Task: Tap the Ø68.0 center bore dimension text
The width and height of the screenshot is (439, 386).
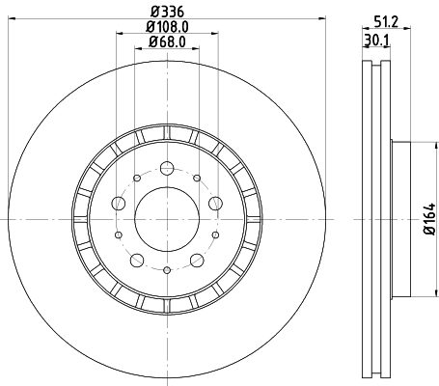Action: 166,43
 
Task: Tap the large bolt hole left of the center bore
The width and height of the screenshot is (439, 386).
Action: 118,203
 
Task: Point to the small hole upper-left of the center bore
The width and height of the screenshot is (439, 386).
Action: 136,178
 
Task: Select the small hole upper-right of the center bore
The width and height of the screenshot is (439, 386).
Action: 196,178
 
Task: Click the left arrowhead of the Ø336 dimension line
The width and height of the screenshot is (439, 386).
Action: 7,21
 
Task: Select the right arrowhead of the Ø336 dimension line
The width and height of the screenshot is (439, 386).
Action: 326,21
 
